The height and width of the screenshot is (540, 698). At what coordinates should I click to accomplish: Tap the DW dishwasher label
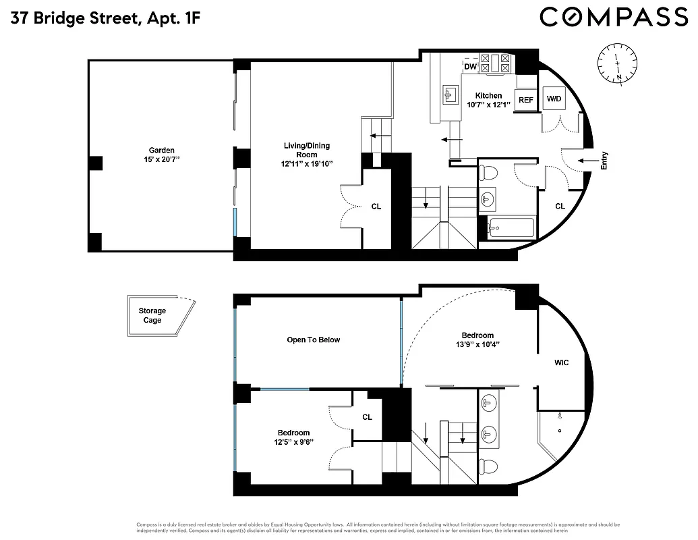(x=471, y=66)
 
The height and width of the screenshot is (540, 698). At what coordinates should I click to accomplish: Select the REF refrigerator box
(x=525, y=100)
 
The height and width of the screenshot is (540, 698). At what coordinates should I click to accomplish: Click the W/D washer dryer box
(x=554, y=99)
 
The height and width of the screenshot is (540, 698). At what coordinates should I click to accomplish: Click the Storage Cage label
(x=152, y=315)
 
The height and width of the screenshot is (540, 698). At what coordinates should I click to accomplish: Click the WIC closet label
(x=561, y=362)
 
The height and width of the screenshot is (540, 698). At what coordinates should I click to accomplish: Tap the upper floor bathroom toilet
(x=491, y=466)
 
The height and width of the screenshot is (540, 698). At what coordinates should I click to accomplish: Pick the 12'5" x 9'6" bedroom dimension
(x=293, y=442)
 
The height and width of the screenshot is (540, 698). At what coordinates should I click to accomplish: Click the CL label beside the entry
(x=560, y=206)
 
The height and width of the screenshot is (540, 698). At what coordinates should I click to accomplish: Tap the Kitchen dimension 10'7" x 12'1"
(x=488, y=105)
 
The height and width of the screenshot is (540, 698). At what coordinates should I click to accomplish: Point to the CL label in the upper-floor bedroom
(x=367, y=417)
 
